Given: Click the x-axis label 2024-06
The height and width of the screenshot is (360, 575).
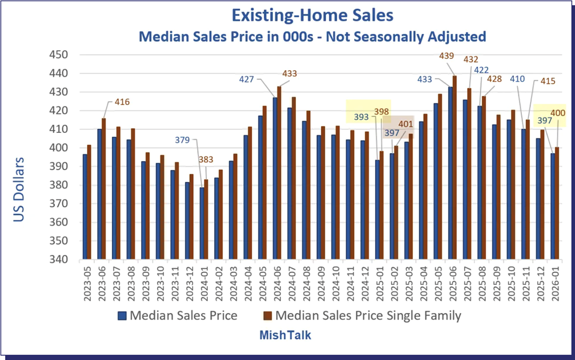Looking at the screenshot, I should click(277, 285).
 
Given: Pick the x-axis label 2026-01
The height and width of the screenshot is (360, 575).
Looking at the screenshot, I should click(556, 285).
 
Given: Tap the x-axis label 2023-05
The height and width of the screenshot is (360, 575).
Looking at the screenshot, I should click(86, 285).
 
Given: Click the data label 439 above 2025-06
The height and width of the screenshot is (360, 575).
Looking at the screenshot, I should click(447, 55).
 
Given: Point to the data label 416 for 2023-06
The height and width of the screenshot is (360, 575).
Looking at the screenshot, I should click(122, 102).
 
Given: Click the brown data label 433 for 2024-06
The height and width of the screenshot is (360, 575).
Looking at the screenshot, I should click(289, 73).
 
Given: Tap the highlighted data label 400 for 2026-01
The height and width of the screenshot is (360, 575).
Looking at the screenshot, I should click(558, 114).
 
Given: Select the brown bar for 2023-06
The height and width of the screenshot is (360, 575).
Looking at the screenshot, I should click(104, 189).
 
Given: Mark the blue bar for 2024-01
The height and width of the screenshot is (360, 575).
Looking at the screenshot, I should click(202, 223).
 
